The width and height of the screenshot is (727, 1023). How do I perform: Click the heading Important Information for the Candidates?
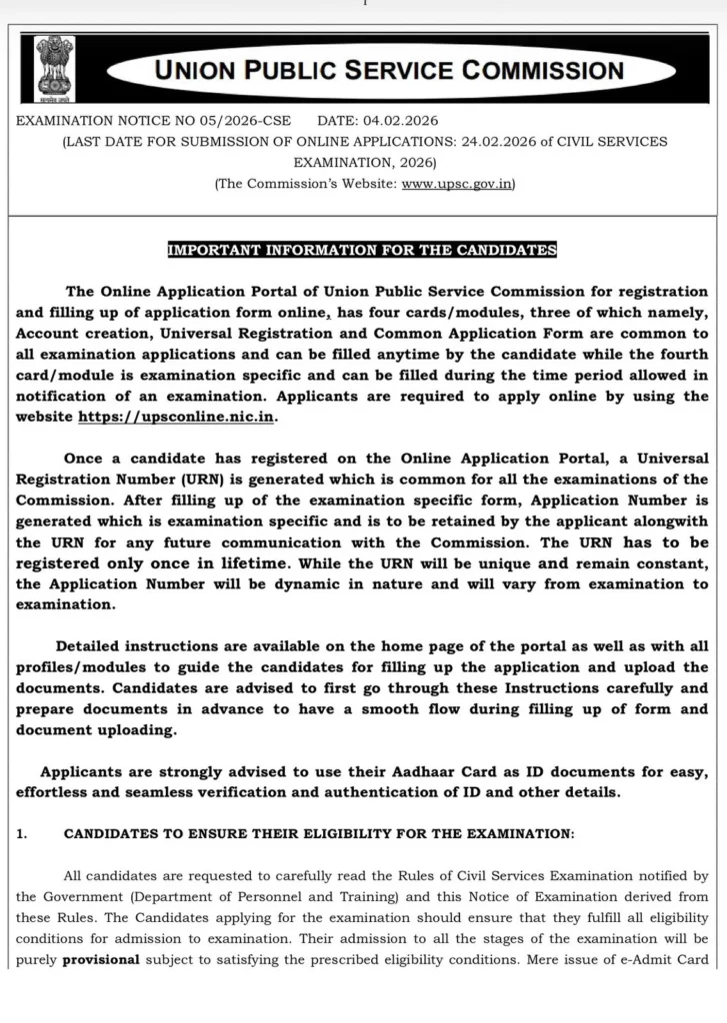point(362,250)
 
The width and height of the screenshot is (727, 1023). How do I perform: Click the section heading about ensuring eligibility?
point(319,831)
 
